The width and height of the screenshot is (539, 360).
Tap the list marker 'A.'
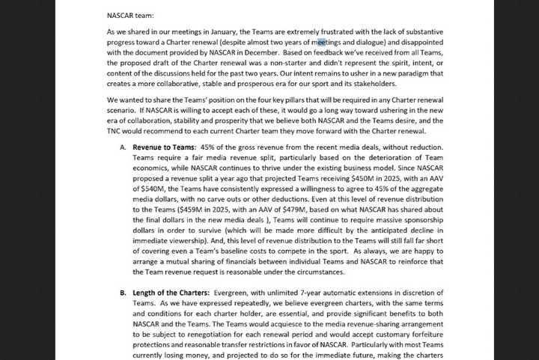pos(124,148)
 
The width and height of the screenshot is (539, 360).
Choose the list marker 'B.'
pos(124,292)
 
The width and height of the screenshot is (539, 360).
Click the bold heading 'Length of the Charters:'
pos(171,292)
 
